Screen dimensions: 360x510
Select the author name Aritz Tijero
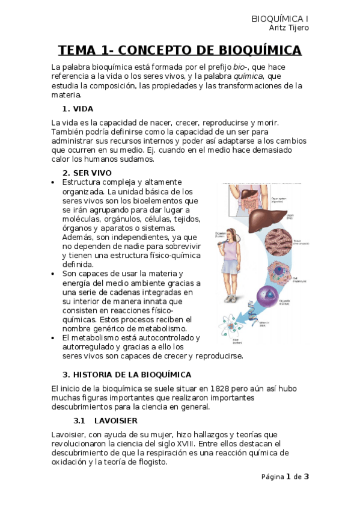pyautogui.click(x=289, y=28)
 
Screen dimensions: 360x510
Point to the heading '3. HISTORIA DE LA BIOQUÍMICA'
pyautogui.click(x=127, y=374)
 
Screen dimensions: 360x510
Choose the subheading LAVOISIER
pyautogui.click(x=115, y=420)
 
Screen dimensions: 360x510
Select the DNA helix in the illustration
pyautogui.click(x=252, y=316)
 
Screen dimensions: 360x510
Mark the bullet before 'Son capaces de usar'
pyautogui.click(x=54, y=274)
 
